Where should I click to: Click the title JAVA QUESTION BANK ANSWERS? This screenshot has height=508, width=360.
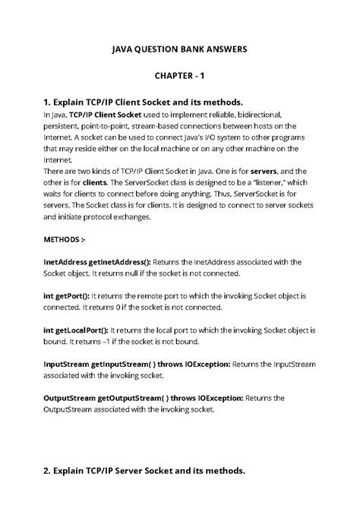click(x=180, y=49)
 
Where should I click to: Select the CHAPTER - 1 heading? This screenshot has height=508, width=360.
click(x=180, y=77)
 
